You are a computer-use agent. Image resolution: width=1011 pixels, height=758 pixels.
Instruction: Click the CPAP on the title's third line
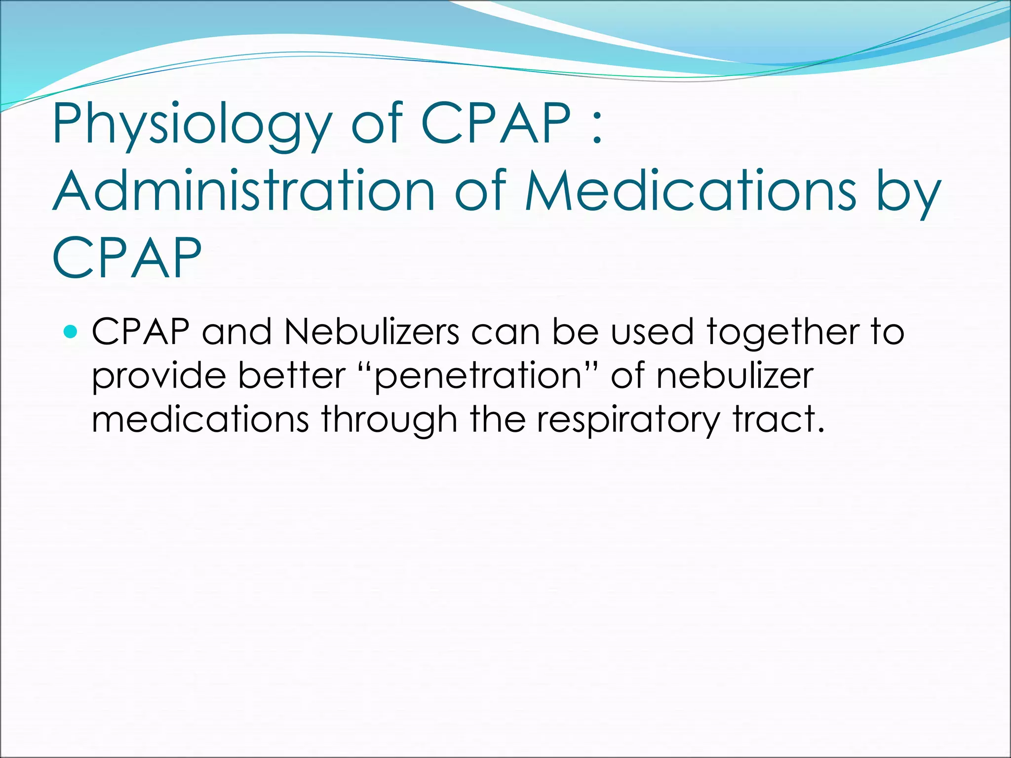(x=127, y=258)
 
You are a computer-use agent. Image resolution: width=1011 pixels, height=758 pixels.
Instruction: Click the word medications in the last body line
(x=200, y=420)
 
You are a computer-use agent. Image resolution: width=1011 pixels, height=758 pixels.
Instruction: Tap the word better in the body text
(x=292, y=376)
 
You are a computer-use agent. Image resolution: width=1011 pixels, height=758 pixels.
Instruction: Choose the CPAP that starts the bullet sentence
(x=140, y=332)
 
